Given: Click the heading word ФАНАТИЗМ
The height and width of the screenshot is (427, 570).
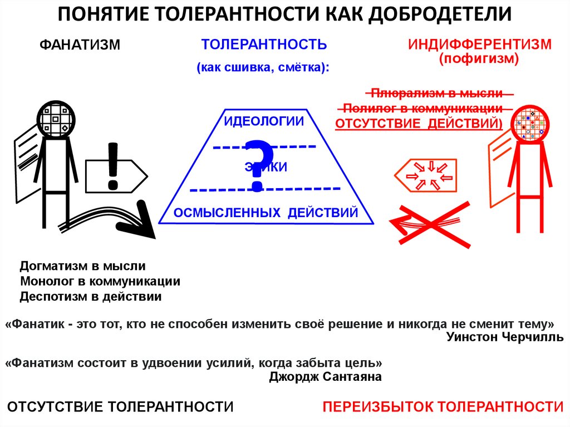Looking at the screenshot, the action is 79,45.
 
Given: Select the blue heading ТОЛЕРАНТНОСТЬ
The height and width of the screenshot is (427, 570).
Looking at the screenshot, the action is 264,45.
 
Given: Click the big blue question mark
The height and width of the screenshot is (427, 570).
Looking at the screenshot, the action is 258,164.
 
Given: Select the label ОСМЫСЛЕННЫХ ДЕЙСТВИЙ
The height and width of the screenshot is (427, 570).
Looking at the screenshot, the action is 265,213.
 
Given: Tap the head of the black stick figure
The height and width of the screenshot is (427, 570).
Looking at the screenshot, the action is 56,119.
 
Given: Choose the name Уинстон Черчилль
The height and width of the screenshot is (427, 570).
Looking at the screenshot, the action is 504,337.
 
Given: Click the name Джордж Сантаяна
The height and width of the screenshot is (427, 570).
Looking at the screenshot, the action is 325,377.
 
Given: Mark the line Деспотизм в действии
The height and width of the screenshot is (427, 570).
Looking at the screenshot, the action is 91,296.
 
